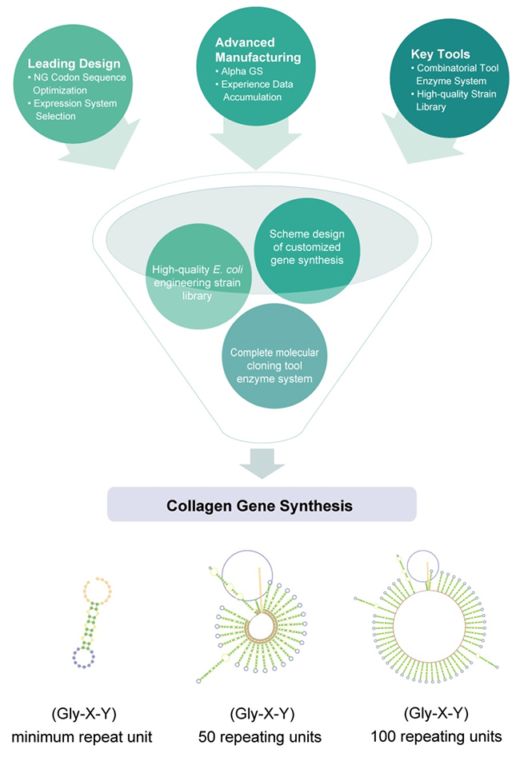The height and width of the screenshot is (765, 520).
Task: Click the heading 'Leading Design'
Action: point(74,63)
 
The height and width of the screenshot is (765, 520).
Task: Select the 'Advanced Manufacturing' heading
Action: point(258,50)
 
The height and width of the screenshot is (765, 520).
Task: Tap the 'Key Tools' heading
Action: point(441,54)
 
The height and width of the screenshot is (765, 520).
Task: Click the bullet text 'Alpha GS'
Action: point(239,71)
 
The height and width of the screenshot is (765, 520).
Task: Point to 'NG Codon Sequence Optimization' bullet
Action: point(77,84)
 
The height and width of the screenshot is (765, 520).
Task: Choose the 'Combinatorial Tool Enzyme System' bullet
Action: point(454,74)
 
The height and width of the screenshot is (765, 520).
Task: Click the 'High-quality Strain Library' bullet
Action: point(454,101)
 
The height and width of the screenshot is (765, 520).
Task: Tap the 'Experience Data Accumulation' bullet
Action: point(254,91)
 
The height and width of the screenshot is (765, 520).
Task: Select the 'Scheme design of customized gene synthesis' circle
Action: point(307,251)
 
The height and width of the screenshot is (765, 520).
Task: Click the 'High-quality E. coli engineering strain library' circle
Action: point(198,276)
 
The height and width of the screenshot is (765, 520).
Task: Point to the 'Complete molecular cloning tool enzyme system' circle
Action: point(274,356)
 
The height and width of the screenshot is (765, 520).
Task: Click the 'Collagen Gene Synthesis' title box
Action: point(262,504)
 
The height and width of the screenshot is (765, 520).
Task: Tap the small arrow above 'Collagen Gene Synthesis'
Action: point(262,464)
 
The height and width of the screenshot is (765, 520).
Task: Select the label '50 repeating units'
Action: point(260,737)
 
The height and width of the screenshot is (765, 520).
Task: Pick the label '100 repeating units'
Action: point(436,736)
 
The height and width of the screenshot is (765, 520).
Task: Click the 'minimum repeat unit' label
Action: point(82,737)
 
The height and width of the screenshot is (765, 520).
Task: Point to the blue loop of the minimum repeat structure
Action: point(83,658)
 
